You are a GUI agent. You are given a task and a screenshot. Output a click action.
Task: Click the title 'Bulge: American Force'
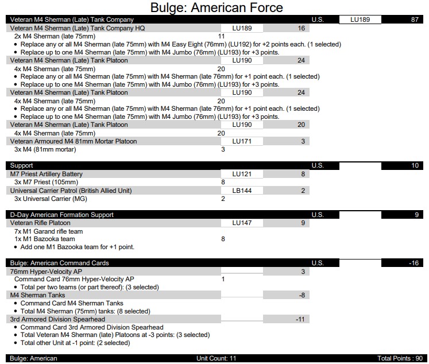pos(217,7)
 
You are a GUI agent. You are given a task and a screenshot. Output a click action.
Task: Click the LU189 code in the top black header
pos(360,20)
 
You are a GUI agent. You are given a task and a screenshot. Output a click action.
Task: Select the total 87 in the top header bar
pos(415,20)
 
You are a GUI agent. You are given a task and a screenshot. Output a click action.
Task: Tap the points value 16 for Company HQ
pos(301,28)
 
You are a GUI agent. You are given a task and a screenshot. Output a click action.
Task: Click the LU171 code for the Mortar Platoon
pos(242,141)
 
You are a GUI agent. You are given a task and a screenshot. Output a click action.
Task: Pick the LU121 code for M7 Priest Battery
pos(242,174)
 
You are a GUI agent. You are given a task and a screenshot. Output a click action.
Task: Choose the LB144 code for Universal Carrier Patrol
pos(242,191)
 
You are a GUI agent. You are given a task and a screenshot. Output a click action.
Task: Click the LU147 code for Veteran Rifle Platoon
pos(242,223)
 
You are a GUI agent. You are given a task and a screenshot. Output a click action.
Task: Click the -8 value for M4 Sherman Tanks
pos(301,295)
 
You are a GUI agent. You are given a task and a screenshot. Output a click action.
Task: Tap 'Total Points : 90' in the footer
pos(400,359)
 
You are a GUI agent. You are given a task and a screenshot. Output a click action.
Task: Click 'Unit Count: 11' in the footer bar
pos(216,359)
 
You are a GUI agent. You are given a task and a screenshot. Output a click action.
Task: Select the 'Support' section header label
pos(22,166)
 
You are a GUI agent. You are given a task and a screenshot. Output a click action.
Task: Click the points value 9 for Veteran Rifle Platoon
pos(303,223)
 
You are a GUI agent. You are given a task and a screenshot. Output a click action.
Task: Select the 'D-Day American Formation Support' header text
pos(66,215)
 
